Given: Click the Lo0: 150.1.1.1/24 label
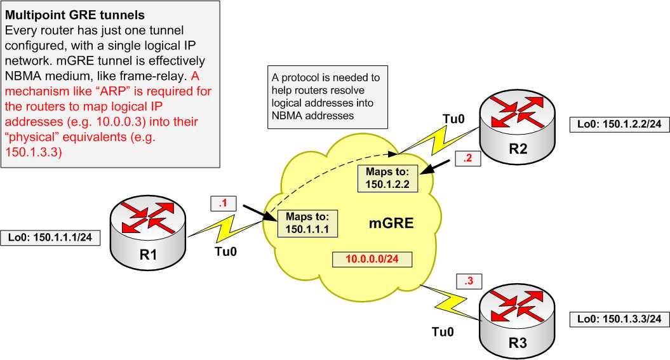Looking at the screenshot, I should pyautogui.click(x=51, y=237).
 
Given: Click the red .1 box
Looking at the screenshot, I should pyautogui.click(x=223, y=204).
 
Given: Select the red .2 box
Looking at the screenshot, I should pyautogui.click(x=467, y=159).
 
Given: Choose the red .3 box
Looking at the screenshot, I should pyautogui.click(x=469, y=281).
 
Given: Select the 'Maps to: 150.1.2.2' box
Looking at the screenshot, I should pyautogui.click(x=389, y=178).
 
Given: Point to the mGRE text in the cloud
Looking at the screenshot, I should pyautogui.click(x=391, y=223).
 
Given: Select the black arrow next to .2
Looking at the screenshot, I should pyautogui.click(x=438, y=168).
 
